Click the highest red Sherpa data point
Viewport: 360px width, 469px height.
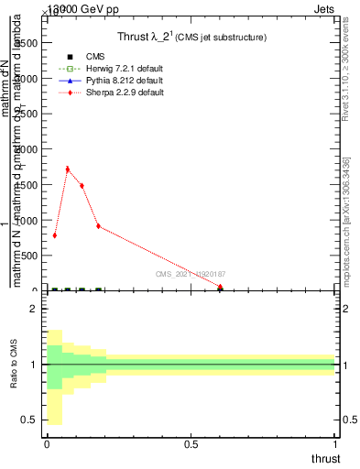68,169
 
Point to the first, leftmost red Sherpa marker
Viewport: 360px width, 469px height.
55,235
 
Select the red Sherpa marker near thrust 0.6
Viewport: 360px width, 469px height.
220,287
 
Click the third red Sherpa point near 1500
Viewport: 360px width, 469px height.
82,185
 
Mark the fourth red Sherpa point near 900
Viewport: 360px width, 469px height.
98,226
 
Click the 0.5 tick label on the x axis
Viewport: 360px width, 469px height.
191,444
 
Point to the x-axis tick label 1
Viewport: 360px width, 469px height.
336,444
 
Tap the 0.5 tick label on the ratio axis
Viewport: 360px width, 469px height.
29,420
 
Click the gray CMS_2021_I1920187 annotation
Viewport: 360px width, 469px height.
191,274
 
